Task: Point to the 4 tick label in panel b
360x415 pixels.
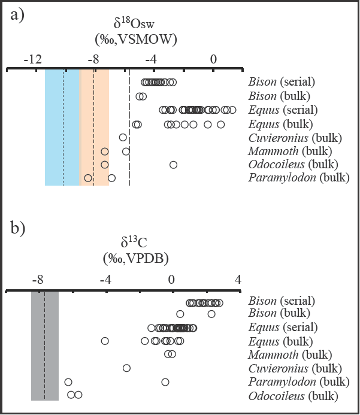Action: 238,279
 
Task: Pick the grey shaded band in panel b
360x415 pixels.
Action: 45,345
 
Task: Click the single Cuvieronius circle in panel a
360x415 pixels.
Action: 123,137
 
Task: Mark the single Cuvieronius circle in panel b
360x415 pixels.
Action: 126,368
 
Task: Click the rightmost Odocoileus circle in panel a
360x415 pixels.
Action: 173,165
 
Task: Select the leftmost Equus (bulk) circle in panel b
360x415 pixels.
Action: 105,341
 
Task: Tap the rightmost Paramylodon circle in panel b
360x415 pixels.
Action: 165,382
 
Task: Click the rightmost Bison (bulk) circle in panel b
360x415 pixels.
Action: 211,314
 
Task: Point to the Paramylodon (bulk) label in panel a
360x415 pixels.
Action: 298,178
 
